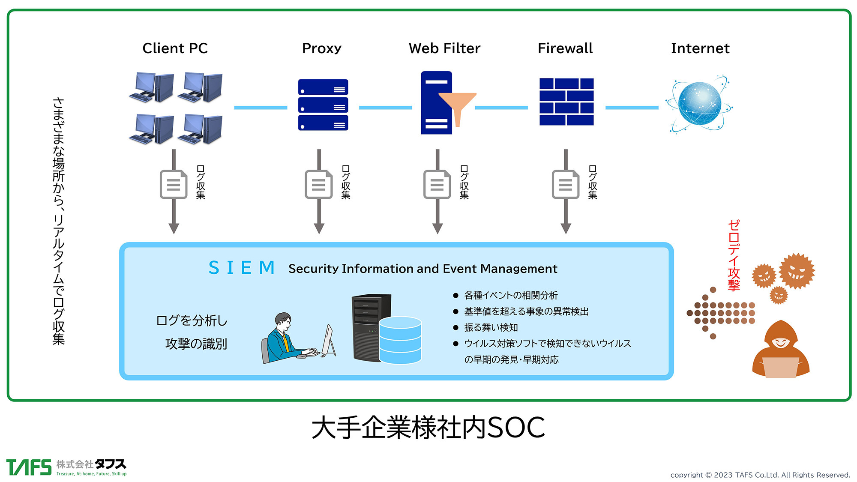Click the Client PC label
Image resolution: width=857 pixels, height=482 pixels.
pos(175,48)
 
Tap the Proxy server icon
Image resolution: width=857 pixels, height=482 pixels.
pos(323,105)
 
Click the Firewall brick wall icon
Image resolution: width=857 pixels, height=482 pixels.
pos(566,102)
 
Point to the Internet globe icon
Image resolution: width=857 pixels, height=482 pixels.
pos(700,104)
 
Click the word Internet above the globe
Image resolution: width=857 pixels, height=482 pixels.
pos(700,48)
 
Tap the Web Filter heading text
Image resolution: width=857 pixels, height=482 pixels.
pos(444,48)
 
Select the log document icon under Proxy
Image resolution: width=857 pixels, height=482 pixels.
pos(318,185)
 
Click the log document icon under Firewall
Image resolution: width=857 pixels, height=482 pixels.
pos(566,185)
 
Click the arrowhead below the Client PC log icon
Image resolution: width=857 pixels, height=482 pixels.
pos(174,228)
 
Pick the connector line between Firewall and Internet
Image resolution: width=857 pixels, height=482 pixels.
pos(632,108)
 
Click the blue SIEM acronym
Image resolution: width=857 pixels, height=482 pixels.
pos(242,268)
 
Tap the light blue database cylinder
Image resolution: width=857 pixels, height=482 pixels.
pos(400,340)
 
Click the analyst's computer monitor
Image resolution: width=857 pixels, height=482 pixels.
pos(329,341)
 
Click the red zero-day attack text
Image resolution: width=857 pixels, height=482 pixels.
pos(734,255)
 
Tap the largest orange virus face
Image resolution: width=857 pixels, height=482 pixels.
pos(796,271)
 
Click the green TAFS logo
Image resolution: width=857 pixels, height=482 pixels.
pos(29,467)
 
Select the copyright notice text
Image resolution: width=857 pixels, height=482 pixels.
pos(760,475)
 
